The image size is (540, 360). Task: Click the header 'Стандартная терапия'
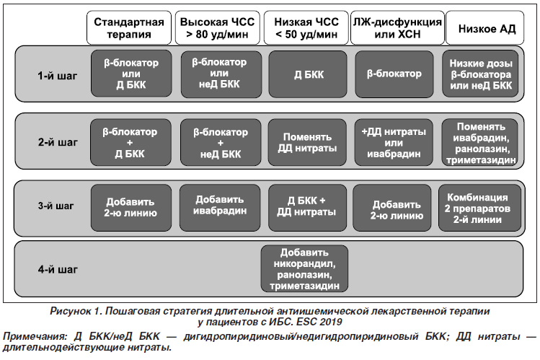129,28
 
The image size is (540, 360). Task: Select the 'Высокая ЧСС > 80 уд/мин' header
217,28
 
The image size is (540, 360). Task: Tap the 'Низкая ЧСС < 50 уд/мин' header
306,28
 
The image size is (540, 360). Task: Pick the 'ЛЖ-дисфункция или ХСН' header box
397,28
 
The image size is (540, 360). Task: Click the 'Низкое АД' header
485,28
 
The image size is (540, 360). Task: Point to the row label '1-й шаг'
58,76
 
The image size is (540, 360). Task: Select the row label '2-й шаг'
58,142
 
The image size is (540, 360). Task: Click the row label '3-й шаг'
56,206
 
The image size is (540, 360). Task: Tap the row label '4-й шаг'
58,269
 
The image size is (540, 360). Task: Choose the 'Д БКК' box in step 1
308,74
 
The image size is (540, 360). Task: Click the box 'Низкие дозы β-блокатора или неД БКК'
480,74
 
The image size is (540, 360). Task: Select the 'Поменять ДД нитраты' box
307,142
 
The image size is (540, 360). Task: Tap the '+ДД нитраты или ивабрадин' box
394,142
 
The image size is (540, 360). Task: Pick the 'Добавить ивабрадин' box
220,207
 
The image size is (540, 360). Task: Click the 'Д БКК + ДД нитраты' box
308,207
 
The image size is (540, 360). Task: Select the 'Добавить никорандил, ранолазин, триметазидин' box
304,268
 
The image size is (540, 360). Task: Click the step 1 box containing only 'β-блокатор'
394,74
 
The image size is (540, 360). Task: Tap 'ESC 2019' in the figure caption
319,322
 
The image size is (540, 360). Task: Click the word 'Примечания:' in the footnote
35,336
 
